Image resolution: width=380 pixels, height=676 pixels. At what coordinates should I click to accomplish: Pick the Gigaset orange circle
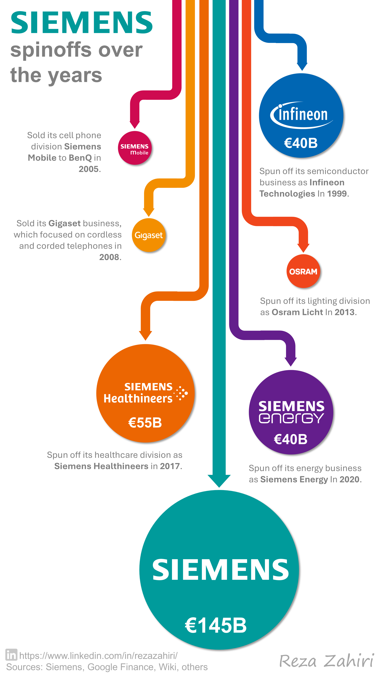pos(149,235)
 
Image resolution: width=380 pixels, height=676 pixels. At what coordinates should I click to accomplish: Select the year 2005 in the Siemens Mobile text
pos(89,169)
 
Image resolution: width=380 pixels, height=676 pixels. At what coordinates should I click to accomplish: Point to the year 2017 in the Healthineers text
pos(170,466)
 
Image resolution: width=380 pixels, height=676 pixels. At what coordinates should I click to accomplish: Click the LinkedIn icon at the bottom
pos(11,655)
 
